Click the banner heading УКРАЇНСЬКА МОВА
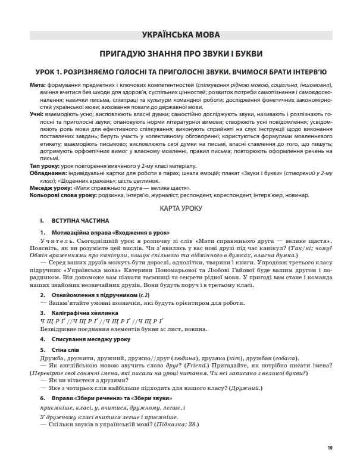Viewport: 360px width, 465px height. (179, 35)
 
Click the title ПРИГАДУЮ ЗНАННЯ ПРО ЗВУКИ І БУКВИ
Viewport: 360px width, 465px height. (179, 52)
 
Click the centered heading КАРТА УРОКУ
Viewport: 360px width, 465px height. (179, 224)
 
